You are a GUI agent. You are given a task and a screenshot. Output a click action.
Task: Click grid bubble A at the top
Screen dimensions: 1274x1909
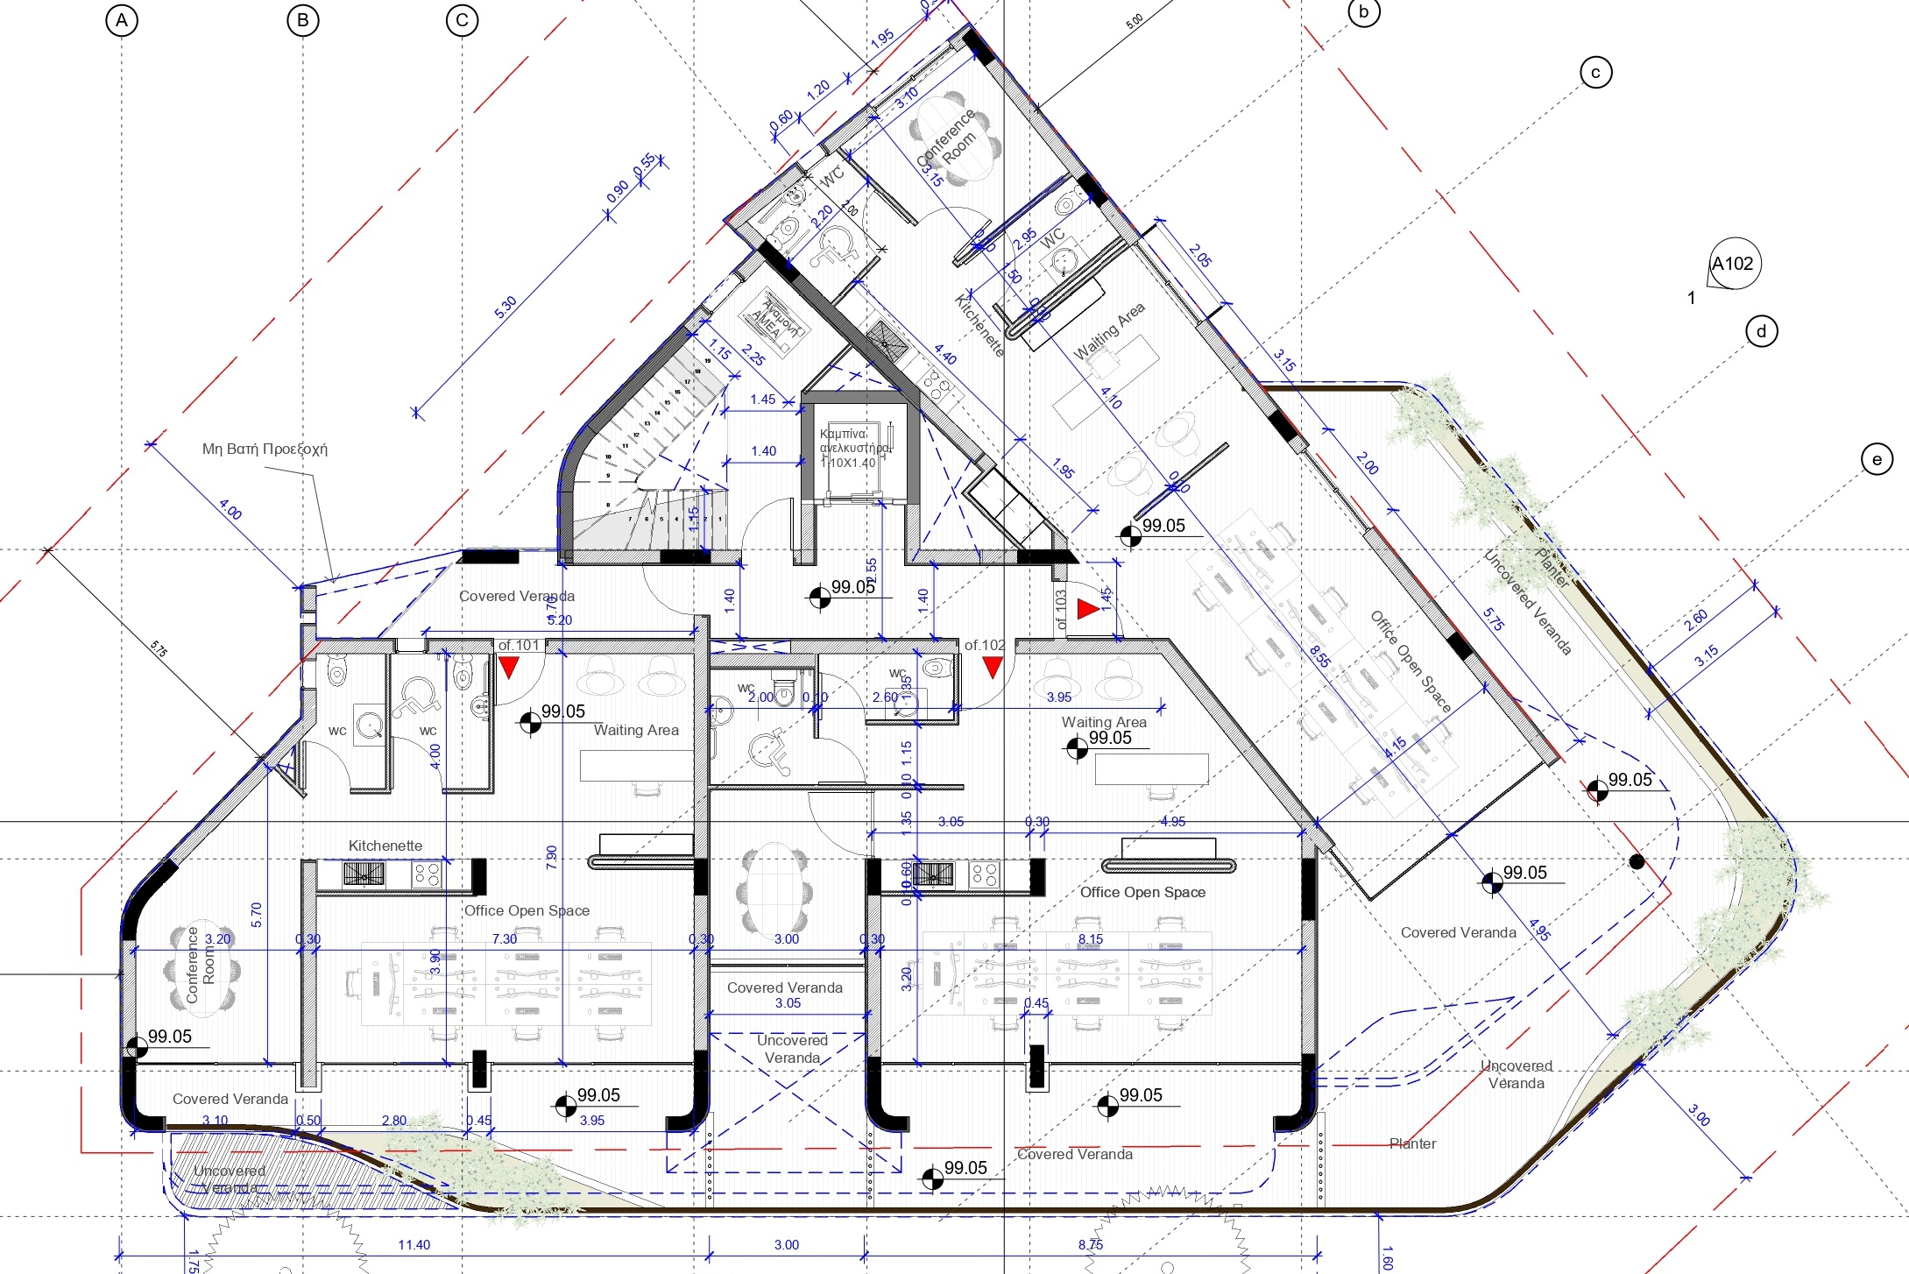click(122, 20)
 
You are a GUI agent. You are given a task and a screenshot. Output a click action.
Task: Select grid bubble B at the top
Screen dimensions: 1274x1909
click(303, 20)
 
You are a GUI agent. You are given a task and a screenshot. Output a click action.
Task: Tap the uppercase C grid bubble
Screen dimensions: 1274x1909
click(462, 20)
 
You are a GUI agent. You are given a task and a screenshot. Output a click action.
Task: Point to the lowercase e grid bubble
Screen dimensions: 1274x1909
click(1877, 459)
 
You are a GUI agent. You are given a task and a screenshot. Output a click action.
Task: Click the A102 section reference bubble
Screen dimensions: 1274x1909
click(1734, 264)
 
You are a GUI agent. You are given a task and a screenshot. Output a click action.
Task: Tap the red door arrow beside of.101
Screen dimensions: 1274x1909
click(508, 669)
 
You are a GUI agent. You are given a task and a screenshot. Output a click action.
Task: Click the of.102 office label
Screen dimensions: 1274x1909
click(984, 645)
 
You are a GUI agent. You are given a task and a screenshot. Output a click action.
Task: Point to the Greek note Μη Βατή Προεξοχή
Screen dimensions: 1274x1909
click(265, 449)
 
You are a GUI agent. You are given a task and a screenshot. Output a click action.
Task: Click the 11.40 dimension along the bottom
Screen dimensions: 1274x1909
click(414, 1244)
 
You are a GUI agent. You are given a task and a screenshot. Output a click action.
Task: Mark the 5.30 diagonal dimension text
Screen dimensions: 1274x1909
click(506, 308)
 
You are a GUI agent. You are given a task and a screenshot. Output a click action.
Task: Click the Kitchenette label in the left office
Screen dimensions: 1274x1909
click(385, 846)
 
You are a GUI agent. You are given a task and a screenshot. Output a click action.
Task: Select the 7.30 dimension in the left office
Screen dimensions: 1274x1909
click(505, 938)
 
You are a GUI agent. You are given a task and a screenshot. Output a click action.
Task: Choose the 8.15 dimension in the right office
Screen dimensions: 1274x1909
click(1091, 938)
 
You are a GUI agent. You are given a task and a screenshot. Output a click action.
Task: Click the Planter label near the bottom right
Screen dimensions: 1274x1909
click(1412, 1143)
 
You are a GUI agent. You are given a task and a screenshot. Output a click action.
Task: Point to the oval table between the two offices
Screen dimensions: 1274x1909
click(775, 888)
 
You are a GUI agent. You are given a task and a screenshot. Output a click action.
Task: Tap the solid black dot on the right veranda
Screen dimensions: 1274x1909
click(1637, 862)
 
